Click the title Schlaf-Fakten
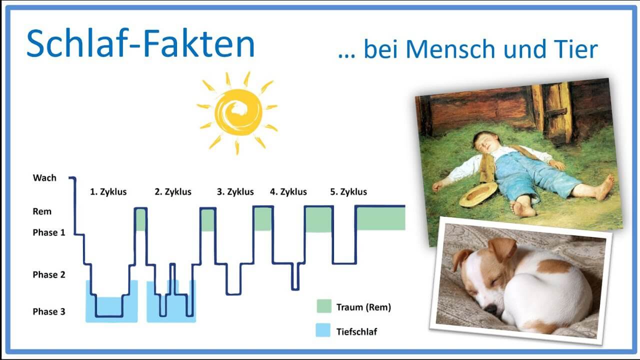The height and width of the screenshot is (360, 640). [x=140, y=43]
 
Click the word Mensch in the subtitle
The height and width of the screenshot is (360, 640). [x=450, y=49]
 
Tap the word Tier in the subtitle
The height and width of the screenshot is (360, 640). [x=576, y=49]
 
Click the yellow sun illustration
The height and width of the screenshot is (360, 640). [x=237, y=112]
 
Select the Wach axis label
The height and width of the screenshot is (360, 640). [x=44, y=178]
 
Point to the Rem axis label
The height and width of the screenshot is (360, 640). [x=42, y=211]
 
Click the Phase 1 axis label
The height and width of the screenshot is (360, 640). [x=49, y=232]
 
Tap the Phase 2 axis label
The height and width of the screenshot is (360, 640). [x=49, y=275]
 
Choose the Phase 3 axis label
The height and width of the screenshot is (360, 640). [x=49, y=311]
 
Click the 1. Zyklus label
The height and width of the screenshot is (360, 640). [x=108, y=192]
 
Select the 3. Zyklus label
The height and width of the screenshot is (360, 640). [x=235, y=192]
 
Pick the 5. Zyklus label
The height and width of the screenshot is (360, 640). [x=348, y=192]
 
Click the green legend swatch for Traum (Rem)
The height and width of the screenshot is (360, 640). [x=324, y=306]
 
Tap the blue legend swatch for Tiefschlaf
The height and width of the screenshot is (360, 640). [x=323, y=330]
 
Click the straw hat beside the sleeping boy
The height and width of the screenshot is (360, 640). [x=478, y=194]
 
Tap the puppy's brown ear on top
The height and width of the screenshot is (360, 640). [x=503, y=248]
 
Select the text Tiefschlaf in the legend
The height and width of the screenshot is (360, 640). [x=356, y=332]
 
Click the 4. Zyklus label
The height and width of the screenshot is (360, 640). [x=288, y=192]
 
